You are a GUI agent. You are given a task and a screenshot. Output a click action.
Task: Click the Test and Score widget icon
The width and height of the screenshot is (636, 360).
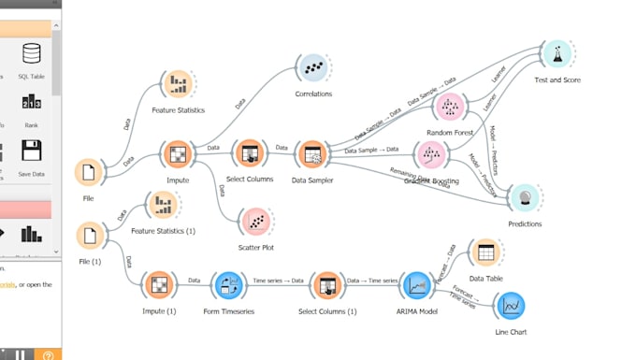[556, 54]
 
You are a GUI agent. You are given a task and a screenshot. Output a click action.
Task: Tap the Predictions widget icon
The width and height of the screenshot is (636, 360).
[524, 197]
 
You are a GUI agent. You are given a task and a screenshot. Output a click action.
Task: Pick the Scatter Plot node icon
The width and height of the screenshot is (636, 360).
[255, 222]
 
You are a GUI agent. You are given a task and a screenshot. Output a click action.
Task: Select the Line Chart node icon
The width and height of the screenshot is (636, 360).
[511, 305]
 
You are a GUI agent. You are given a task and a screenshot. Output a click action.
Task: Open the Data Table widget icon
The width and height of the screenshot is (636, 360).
[484, 252]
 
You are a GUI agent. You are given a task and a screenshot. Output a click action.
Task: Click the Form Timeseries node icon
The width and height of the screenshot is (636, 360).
[229, 284]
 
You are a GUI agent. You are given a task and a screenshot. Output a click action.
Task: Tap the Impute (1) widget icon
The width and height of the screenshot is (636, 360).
[158, 284]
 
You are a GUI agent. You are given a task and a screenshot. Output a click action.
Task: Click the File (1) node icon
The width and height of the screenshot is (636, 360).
[90, 235]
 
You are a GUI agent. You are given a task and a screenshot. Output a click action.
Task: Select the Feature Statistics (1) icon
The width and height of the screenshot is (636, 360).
[164, 204]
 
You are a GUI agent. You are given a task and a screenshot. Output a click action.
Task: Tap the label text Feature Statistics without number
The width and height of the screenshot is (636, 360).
[178, 110]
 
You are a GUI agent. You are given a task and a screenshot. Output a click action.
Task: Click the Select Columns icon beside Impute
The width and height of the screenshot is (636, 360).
[250, 153]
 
